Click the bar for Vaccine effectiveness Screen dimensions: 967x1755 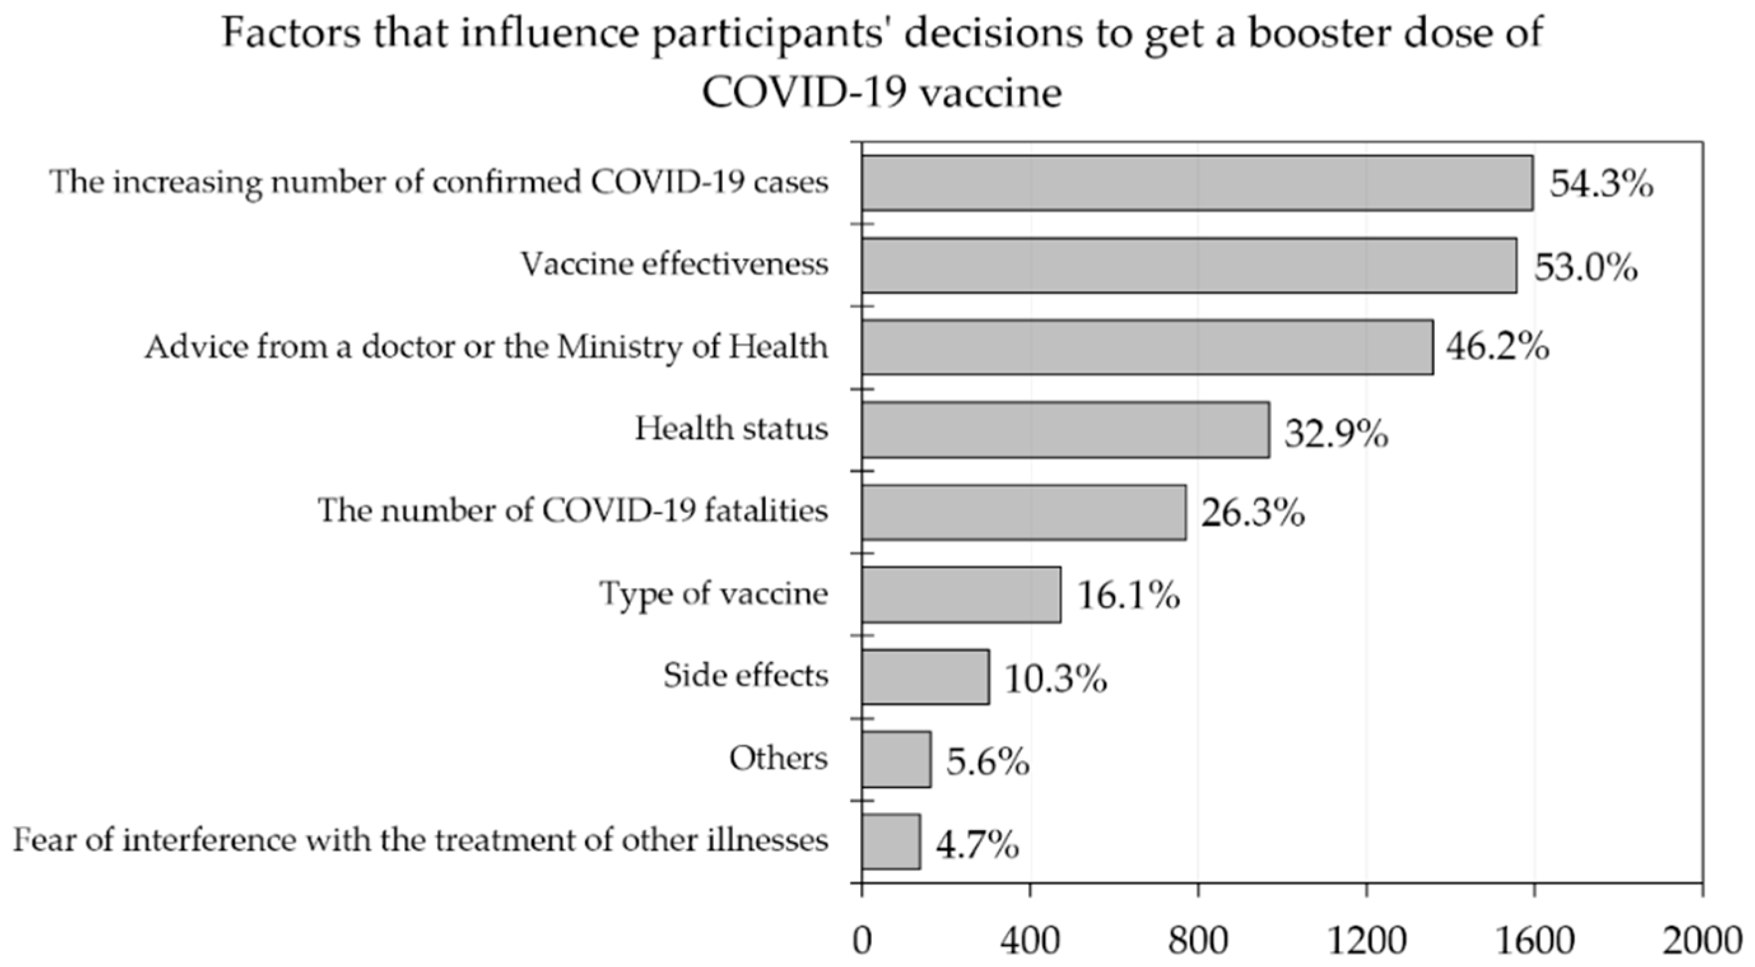(1188, 265)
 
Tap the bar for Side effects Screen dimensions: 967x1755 (925, 676)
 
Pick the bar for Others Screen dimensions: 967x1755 (895, 759)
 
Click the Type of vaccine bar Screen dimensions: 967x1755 (961, 594)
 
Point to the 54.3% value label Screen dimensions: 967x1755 (1601, 184)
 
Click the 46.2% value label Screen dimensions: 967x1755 (1498, 348)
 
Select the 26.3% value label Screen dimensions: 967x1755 (1252, 514)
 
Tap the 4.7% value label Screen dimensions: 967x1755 (977, 846)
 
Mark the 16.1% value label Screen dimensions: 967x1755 (1128, 596)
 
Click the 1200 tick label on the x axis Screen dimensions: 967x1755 (1367, 942)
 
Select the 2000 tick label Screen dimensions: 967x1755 (1702, 942)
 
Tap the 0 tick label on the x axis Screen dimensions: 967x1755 (862, 942)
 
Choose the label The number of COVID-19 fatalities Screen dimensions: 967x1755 (572, 511)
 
